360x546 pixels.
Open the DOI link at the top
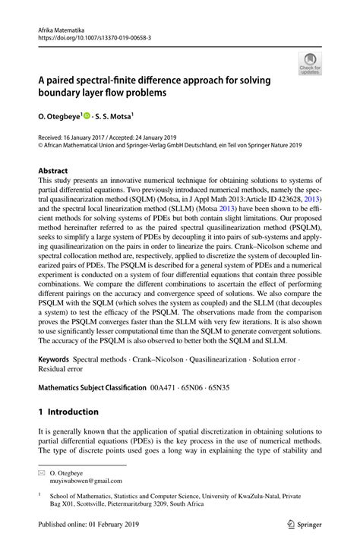(x=89, y=35)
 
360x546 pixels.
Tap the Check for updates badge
(x=309, y=64)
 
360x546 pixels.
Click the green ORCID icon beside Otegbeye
(x=88, y=117)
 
